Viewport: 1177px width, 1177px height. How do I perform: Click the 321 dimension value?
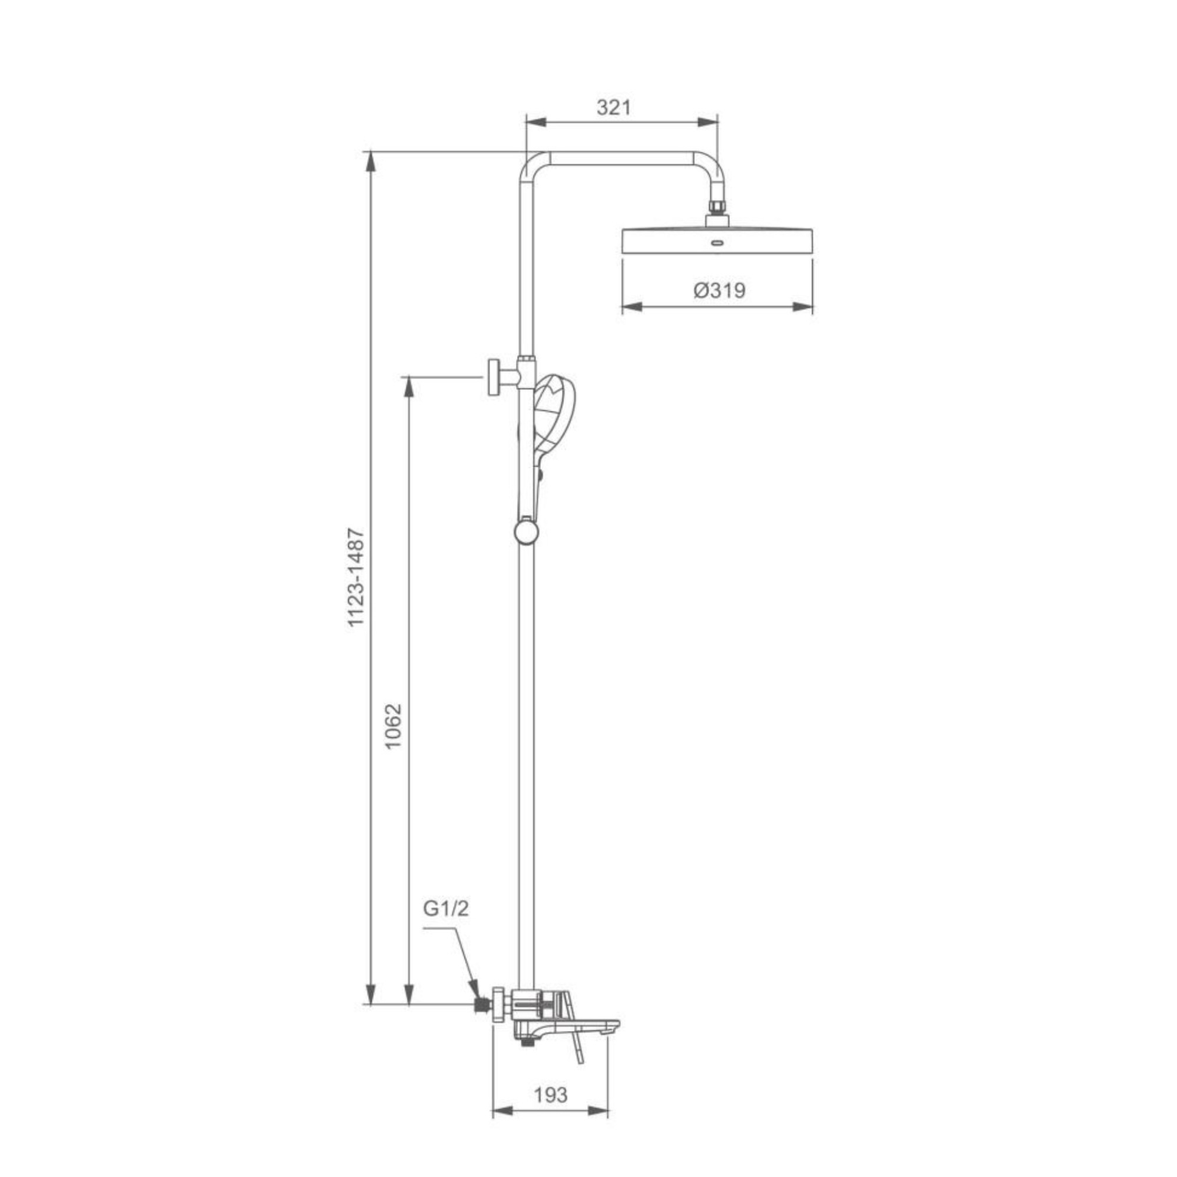pos(613,107)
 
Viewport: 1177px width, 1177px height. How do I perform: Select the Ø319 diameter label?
pos(720,290)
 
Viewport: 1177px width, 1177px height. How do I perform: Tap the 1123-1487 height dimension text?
pos(357,577)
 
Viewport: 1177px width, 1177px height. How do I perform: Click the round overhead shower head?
pos(717,241)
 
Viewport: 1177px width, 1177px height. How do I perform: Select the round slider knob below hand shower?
pos(526,531)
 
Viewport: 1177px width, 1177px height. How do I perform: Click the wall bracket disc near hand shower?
pos(494,377)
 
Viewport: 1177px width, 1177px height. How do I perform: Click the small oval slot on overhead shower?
pos(717,244)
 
